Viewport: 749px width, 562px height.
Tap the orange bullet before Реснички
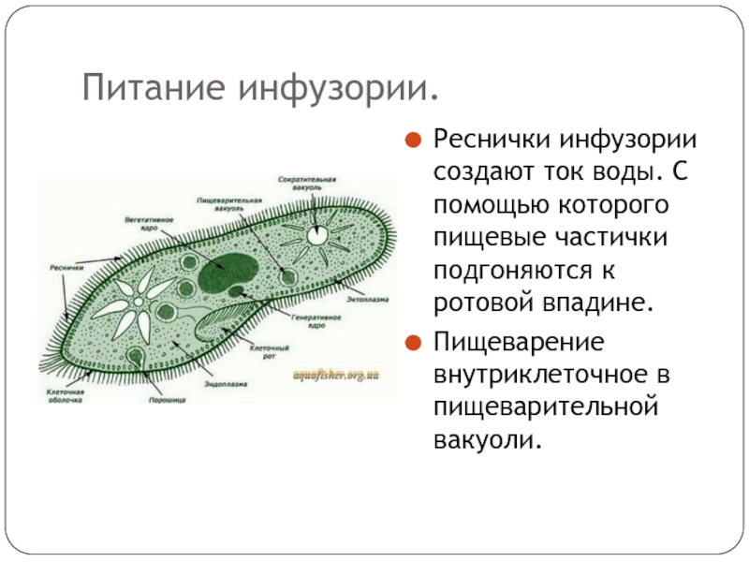(x=411, y=143)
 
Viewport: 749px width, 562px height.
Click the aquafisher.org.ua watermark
(x=336, y=375)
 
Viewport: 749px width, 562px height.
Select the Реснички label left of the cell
(x=62, y=266)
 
